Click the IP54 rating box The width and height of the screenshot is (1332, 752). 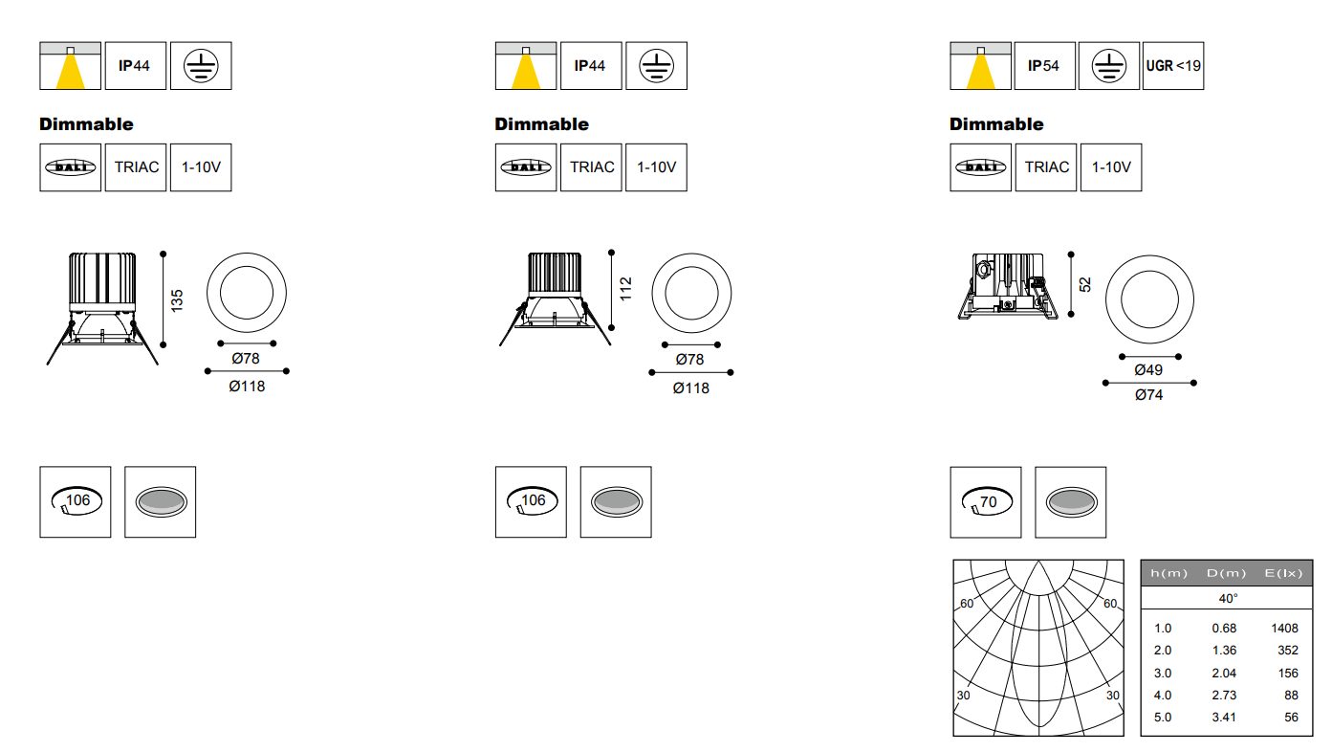[1044, 65]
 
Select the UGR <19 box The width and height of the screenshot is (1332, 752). [1172, 65]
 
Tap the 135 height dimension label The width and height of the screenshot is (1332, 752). [177, 300]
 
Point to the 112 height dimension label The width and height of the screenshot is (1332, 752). [625, 289]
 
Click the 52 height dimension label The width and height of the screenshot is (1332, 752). [1085, 284]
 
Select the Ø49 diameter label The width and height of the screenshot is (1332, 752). [1148, 370]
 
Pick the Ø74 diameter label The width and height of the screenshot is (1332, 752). [1148, 395]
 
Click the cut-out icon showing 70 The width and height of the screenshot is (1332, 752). [985, 502]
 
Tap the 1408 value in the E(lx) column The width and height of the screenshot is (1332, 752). [1284, 629]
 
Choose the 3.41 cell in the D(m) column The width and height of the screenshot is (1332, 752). [1224, 718]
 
